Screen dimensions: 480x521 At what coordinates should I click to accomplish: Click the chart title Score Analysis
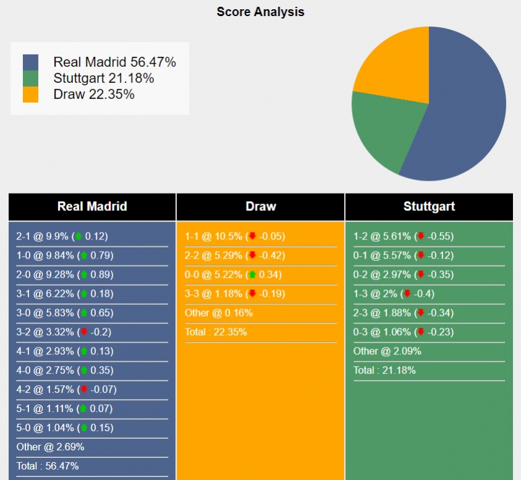260,12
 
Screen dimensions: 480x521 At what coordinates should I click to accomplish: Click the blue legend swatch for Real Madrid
30,62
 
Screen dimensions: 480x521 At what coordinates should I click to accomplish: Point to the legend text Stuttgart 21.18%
103,79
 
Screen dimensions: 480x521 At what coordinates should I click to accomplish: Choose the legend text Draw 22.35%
94,95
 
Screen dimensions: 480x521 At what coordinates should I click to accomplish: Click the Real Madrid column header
92,207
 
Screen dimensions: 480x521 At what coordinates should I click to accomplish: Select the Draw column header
260,207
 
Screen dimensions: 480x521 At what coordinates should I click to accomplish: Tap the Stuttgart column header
429,207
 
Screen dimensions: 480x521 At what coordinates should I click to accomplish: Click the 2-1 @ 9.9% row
62,236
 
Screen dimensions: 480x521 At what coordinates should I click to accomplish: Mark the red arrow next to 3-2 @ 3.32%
84,332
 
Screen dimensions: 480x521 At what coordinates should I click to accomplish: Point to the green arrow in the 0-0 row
252,275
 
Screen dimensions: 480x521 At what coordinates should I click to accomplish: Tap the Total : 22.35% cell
216,332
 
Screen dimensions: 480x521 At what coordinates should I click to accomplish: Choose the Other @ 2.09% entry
387,351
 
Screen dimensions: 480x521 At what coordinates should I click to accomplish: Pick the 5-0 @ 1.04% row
62,428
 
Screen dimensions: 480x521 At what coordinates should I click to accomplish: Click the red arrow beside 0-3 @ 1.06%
421,332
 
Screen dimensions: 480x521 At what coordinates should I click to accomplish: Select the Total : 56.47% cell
48,466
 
